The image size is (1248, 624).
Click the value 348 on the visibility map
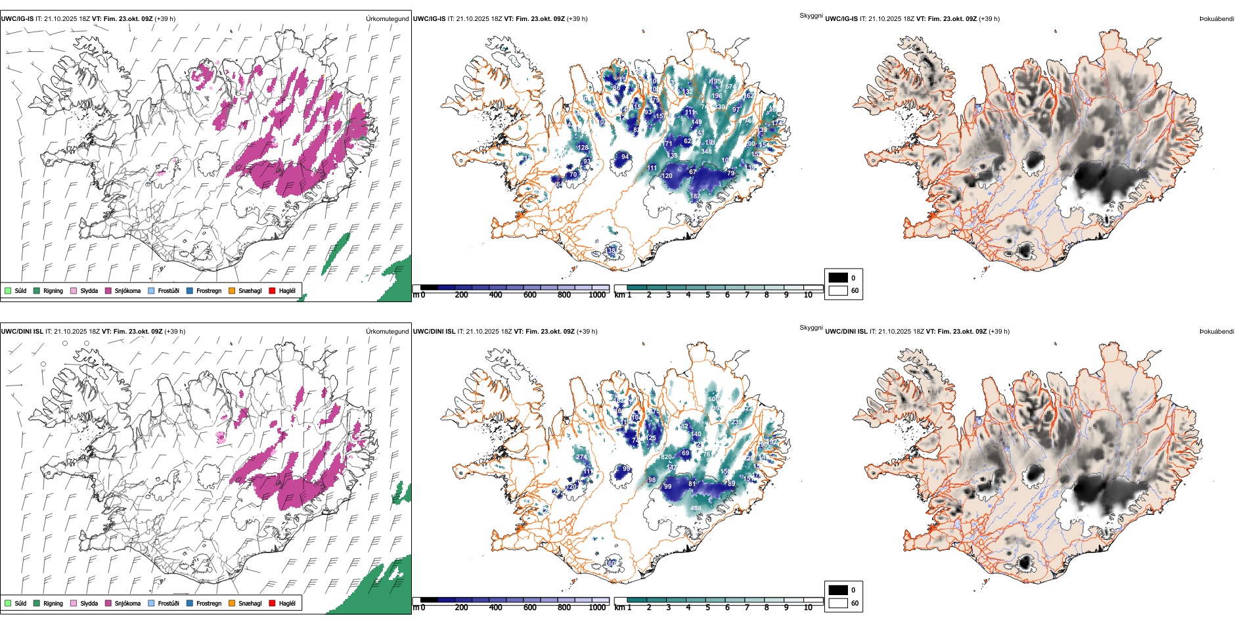click(x=706, y=152)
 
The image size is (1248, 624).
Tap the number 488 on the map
click(x=696, y=508)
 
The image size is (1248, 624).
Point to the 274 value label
click(x=581, y=457)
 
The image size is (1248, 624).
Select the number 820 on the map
click(x=666, y=457)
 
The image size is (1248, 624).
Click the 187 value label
click(x=695, y=196)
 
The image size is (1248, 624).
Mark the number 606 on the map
click(x=713, y=399)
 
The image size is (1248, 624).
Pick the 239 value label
click(x=736, y=422)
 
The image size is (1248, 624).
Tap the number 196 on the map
click(x=717, y=96)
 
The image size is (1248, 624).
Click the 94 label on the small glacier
click(x=625, y=157)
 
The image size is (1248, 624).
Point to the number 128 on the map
click(x=583, y=148)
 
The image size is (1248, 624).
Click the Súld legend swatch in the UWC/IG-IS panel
click(x=8, y=290)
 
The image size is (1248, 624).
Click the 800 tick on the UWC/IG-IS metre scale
click(x=564, y=296)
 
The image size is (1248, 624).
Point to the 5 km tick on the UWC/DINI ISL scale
click(x=707, y=608)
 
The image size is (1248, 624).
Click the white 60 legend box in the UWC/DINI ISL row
click(x=838, y=603)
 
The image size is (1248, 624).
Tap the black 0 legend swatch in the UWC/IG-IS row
click(x=838, y=278)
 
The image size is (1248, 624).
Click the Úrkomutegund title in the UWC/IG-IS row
click(x=387, y=19)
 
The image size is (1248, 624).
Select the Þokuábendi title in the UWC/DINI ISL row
click(x=1216, y=332)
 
